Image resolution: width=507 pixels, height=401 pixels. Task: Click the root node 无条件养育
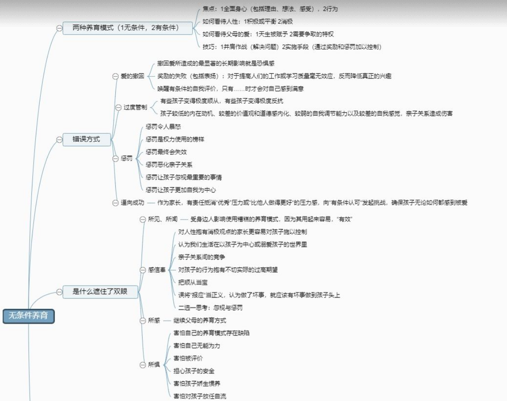[x=29, y=316]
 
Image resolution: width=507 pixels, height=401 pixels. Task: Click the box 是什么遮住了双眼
[x=100, y=292]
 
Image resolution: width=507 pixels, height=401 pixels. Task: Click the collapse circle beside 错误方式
[x=59, y=139]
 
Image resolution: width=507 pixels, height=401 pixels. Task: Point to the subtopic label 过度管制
[x=135, y=107]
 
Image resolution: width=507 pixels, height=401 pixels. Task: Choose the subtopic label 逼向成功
[x=133, y=202]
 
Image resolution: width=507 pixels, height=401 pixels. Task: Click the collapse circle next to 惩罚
[x=115, y=159]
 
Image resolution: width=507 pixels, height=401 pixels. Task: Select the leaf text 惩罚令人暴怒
[x=163, y=126]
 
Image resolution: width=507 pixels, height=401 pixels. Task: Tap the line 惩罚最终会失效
[x=166, y=152]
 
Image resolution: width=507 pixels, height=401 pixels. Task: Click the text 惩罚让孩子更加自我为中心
[x=181, y=189]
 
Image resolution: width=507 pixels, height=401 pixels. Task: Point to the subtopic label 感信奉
[x=157, y=270]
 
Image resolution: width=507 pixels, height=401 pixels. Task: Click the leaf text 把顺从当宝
[x=193, y=282]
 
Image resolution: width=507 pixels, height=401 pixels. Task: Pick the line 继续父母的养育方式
[x=200, y=320]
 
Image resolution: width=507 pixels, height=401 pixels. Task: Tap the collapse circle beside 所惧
[x=143, y=365]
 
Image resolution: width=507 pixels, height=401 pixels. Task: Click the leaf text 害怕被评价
[x=188, y=358]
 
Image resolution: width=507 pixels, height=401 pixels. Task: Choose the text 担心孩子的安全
[x=194, y=370]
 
